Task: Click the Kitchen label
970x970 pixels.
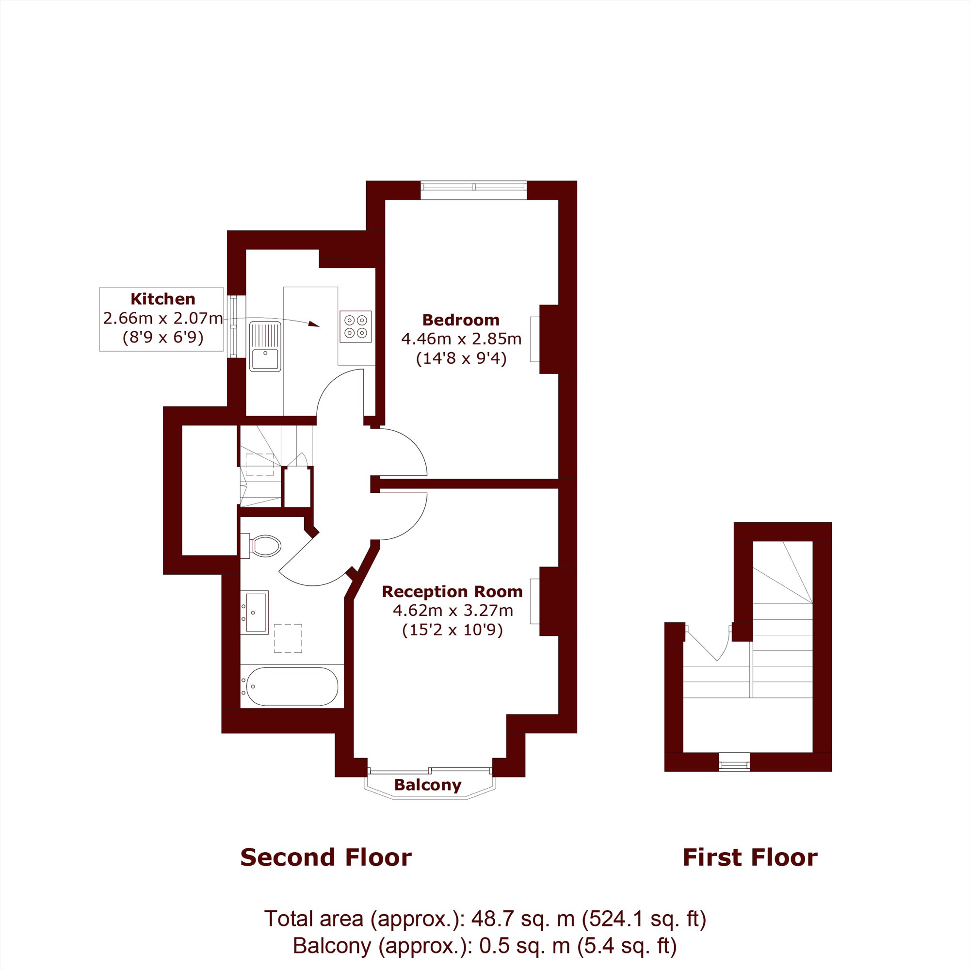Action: pyautogui.click(x=162, y=299)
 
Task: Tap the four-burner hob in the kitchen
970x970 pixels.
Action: pyautogui.click(x=356, y=326)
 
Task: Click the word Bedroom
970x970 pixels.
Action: pyautogui.click(x=460, y=320)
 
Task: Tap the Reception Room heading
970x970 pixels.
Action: pyautogui.click(x=453, y=591)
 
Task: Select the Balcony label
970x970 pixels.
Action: pyautogui.click(x=428, y=785)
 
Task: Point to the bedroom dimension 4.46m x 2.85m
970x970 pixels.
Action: pyautogui.click(x=461, y=339)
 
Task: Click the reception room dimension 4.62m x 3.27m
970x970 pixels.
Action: pyautogui.click(x=453, y=611)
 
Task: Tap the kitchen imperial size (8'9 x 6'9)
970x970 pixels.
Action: pyautogui.click(x=162, y=338)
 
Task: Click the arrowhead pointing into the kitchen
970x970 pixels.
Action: pyautogui.click(x=314, y=324)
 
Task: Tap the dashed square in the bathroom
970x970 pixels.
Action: pyautogui.click(x=288, y=638)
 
